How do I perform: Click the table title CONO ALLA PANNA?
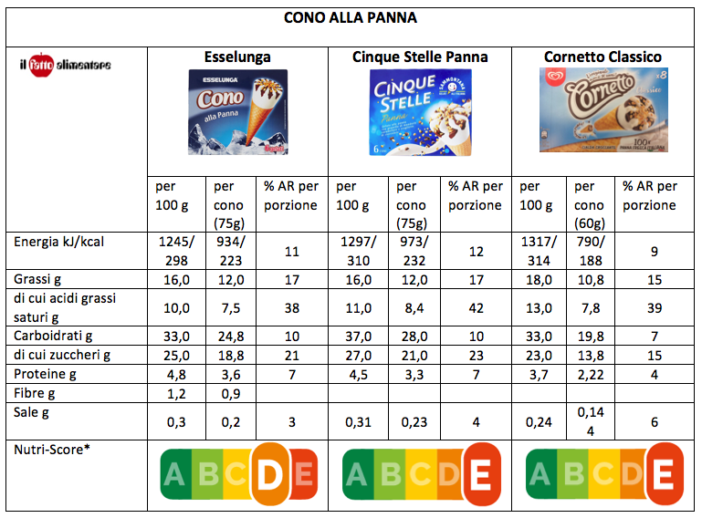pyautogui.click(x=351, y=17)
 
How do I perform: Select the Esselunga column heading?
pyautogui.click(x=237, y=57)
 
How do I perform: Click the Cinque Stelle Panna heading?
pyautogui.click(x=420, y=57)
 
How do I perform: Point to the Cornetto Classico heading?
pyautogui.click(x=603, y=57)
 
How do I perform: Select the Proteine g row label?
pyautogui.click(x=46, y=375)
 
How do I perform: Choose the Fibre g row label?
pyautogui.click(x=36, y=395)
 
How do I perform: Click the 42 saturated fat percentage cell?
pyautogui.click(x=475, y=308)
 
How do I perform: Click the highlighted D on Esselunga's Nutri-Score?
pyautogui.click(x=272, y=474)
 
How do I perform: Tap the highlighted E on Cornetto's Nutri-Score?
pyautogui.click(x=664, y=474)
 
